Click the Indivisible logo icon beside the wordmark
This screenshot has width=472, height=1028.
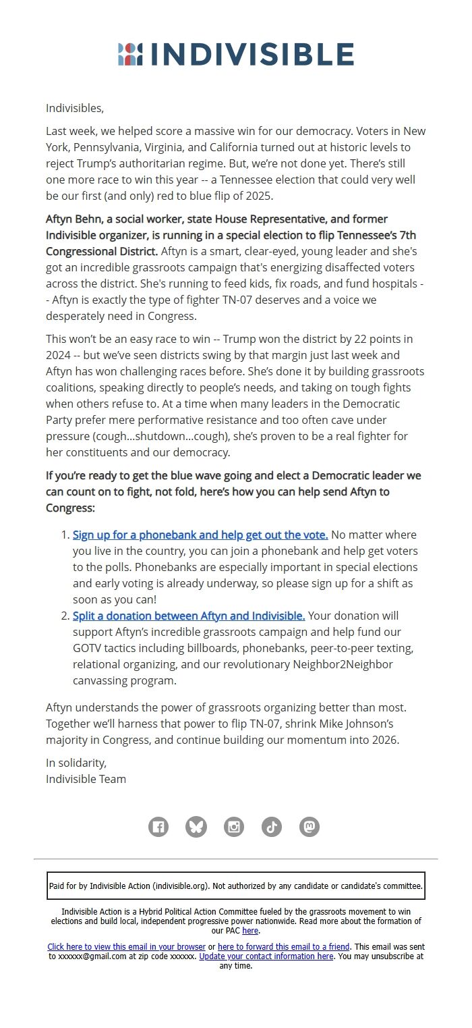pyautogui.click(x=130, y=54)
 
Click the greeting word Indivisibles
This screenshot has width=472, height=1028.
pyautogui.click(x=74, y=108)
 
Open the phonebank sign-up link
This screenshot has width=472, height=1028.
pyautogui.click(x=200, y=535)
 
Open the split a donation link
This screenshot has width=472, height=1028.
pyautogui.click(x=189, y=616)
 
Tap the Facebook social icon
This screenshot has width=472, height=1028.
pyautogui.click(x=158, y=826)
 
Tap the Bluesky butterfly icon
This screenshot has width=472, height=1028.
pyautogui.click(x=196, y=826)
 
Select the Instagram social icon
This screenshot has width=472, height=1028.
pyautogui.click(x=234, y=826)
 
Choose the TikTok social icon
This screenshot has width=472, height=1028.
pyautogui.click(x=272, y=826)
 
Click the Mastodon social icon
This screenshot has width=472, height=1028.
pyautogui.click(x=309, y=826)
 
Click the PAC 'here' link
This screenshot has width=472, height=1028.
pyautogui.click(x=250, y=931)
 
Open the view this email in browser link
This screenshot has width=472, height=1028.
pyautogui.click(x=127, y=947)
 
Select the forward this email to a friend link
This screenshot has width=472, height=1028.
pyautogui.click(x=284, y=947)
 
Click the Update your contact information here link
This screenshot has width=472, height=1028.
pyautogui.click(x=266, y=956)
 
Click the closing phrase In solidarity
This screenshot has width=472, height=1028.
pyautogui.click(x=76, y=763)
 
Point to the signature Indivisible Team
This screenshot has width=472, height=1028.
pyautogui.click(x=86, y=779)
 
